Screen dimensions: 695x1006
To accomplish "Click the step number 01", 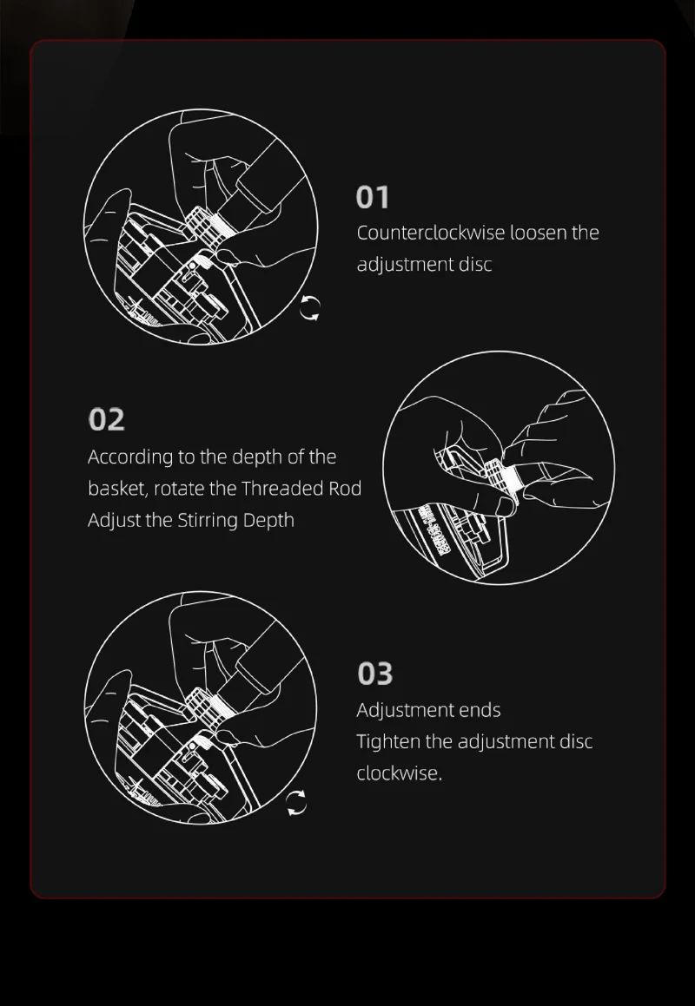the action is click(x=373, y=198).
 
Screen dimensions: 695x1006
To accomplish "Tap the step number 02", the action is click(x=106, y=419).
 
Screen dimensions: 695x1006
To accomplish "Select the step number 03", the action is click(x=375, y=674).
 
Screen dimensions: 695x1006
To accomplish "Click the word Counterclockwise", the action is click(x=431, y=233).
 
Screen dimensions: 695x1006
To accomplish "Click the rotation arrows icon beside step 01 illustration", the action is click(x=310, y=308).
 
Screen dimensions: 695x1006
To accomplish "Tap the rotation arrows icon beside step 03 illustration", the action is click(x=296, y=803).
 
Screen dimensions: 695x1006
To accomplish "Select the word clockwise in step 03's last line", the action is click(x=400, y=773).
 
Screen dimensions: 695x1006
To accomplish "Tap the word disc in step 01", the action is click(x=475, y=265).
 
